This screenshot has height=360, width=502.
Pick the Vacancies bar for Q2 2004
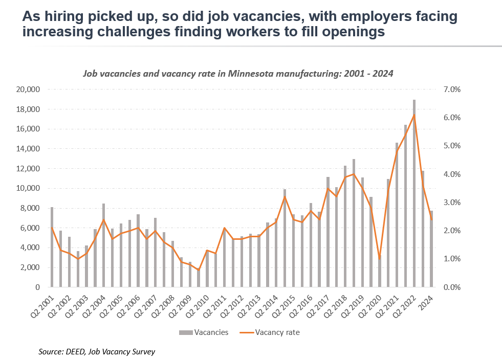pos(104,245)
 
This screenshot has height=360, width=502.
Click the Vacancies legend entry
pos(203,332)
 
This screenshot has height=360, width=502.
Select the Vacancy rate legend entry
pos(273,332)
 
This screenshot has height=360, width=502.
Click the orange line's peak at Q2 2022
pos(414,115)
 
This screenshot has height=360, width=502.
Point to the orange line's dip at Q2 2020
pos(379,259)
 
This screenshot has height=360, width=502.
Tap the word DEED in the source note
pos(74,352)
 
